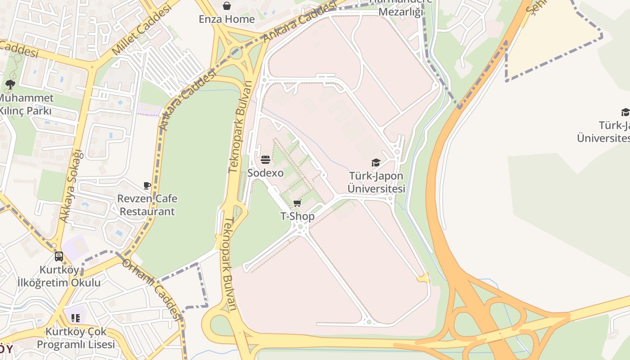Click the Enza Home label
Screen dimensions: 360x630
(227, 19)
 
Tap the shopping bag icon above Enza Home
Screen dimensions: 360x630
(227, 6)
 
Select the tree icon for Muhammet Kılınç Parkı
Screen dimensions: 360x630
(10, 84)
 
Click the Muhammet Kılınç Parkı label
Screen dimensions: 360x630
(26, 104)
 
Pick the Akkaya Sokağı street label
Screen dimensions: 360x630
(72, 185)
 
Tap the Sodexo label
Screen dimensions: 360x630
(265, 173)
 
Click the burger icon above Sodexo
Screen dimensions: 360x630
(265, 160)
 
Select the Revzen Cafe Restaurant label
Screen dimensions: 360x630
(147, 205)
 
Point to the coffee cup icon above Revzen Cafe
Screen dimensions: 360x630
(147, 185)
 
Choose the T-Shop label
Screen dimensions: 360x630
(297, 216)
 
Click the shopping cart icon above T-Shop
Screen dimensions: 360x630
(297, 203)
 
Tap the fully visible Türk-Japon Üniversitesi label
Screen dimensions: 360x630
(376, 182)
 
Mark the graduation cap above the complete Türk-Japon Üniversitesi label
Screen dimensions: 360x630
(376, 162)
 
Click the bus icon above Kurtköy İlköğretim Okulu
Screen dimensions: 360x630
(59, 256)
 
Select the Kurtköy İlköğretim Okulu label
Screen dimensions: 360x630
(59, 276)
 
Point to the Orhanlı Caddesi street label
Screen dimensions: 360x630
(151, 288)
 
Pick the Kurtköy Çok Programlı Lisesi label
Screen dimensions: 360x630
(76, 338)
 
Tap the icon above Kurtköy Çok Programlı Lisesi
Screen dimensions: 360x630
(76, 318)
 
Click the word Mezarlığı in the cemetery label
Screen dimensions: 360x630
(400, 12)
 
